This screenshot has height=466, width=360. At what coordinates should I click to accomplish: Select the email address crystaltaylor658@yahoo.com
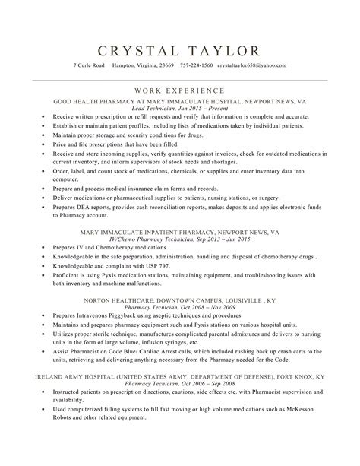[x=251, y=65]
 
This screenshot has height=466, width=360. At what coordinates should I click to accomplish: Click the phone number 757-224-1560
[x=197, y=65]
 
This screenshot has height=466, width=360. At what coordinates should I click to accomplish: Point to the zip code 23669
[x=166, y=65]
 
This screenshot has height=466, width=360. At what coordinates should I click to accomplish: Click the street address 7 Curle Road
[x=89, y=65]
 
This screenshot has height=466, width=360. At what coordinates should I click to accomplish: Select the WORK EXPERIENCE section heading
[x=180, y=89]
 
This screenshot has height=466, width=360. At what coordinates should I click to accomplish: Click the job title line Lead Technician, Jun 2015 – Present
[x=180, y=108]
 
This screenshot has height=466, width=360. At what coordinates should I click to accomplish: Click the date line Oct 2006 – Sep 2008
[x=203, y=385]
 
